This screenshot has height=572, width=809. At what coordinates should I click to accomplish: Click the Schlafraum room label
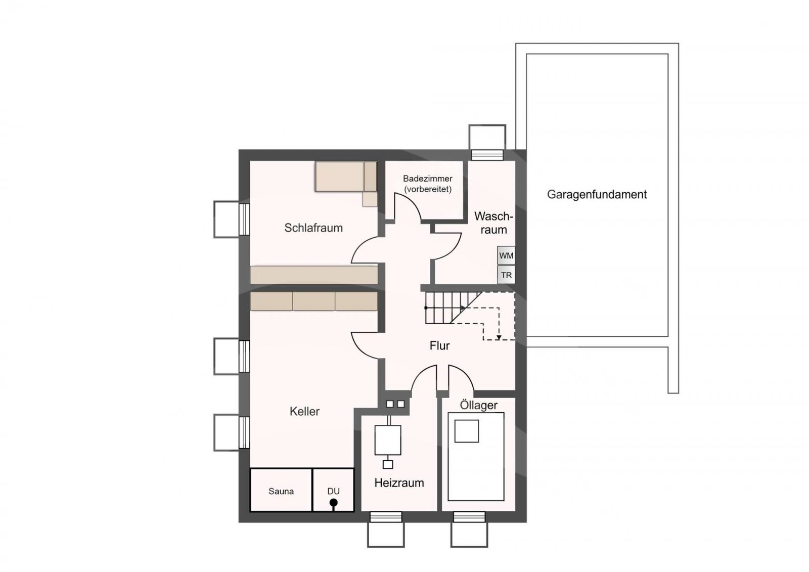coord(313,228)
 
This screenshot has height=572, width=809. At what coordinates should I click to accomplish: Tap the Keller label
coord(304,411)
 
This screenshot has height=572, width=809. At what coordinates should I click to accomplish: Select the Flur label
coord(439,346)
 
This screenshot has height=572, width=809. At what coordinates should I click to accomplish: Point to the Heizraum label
coord(399,483)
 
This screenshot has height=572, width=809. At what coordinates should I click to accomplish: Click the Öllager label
coord(478,405)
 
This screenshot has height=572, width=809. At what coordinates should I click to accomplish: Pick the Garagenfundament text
coord(597,194)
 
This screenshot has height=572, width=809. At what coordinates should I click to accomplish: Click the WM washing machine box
coord(506,255)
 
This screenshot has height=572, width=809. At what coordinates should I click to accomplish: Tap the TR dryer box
coord(506,275)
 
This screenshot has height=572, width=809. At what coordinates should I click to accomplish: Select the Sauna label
coord(281,492)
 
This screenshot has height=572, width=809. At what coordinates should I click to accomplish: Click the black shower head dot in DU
coord(334,503)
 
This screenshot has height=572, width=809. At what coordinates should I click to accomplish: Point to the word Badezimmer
coord(428,179)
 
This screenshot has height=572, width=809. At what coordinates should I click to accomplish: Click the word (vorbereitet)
coord(428,189)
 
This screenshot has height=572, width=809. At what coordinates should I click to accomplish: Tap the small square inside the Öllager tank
coord(467,431)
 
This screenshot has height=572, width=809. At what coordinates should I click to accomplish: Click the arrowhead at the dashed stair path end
coord(499,337)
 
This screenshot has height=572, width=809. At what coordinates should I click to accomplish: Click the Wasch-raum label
coord(493,223)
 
